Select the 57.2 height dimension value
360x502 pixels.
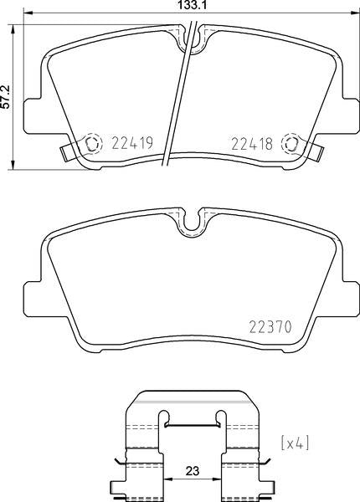pyautogui.click(x=7, y=94)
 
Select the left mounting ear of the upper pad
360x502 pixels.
pyautogui.click(x=31, y=112)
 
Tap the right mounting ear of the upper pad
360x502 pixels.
pyautogui.click(x=352, y=112)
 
